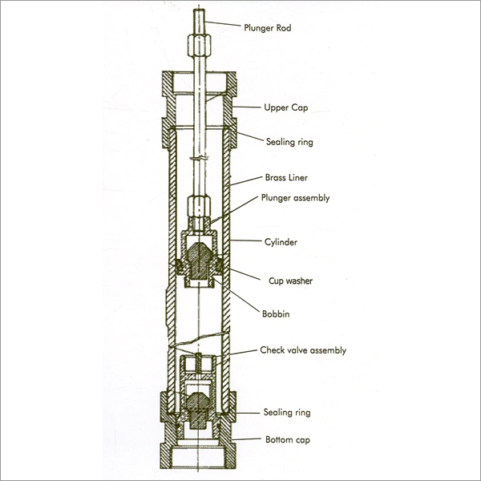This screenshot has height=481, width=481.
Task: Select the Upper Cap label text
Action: [x=287, y=107]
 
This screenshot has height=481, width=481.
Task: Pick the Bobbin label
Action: [x=276, y=315]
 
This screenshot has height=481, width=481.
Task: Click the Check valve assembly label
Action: [x=303, y=350]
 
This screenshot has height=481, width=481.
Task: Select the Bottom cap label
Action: [x=287, y=440]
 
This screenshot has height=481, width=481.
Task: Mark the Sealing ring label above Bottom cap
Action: [x=287, y=413]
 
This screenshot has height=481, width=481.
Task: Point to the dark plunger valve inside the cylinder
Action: [x=200, y=258]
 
